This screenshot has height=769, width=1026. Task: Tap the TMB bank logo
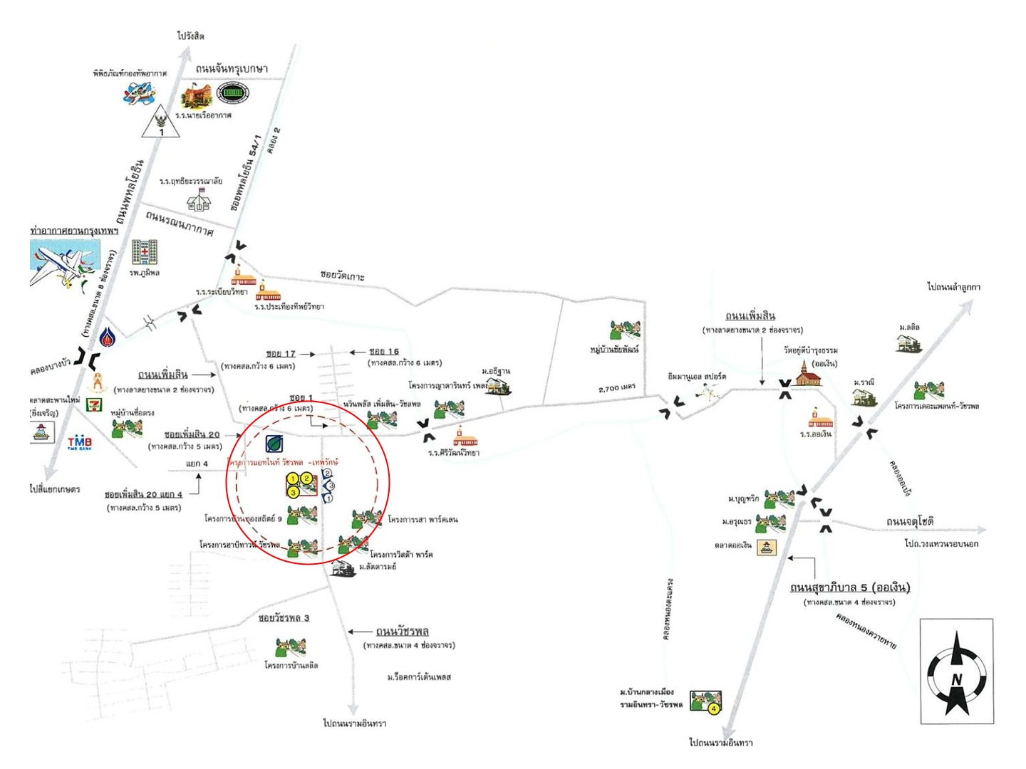pos(80,443)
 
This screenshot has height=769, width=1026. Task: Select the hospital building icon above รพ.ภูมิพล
pos(144,252)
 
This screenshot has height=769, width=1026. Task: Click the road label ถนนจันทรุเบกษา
pos(232,68)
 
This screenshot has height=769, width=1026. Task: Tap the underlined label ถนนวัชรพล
pos(403,632)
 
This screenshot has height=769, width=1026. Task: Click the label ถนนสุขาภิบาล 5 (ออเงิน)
pos(850,587)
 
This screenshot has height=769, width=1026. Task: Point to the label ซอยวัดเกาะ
pos(342,275)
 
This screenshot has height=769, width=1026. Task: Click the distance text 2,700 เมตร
pos(617,388)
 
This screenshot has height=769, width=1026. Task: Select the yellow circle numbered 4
pos(714,708)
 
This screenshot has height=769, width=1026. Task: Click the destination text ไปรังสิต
pos(191,36)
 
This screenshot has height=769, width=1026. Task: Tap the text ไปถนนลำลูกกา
pos(953,287)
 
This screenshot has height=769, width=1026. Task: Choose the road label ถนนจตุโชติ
pos(910,522)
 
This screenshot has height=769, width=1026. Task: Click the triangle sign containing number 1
pos(161,125)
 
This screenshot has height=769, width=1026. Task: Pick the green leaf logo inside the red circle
pos(274,444)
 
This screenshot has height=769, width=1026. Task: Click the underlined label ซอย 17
pos(281,353)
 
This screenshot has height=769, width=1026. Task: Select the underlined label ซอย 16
pos(384,352)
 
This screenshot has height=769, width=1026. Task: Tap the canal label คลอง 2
pos(274,140)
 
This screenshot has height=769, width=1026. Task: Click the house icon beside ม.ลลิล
pos(909,342)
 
